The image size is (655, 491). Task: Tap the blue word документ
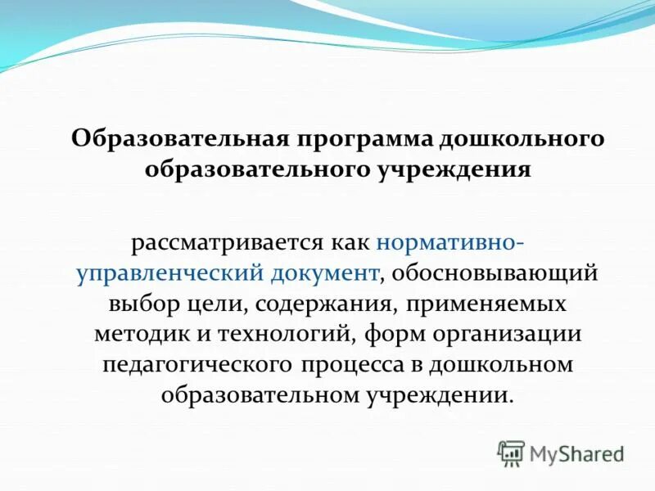click(325, 273)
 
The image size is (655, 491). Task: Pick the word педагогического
click(197, 364)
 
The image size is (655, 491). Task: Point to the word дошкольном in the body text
click(504, 364)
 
